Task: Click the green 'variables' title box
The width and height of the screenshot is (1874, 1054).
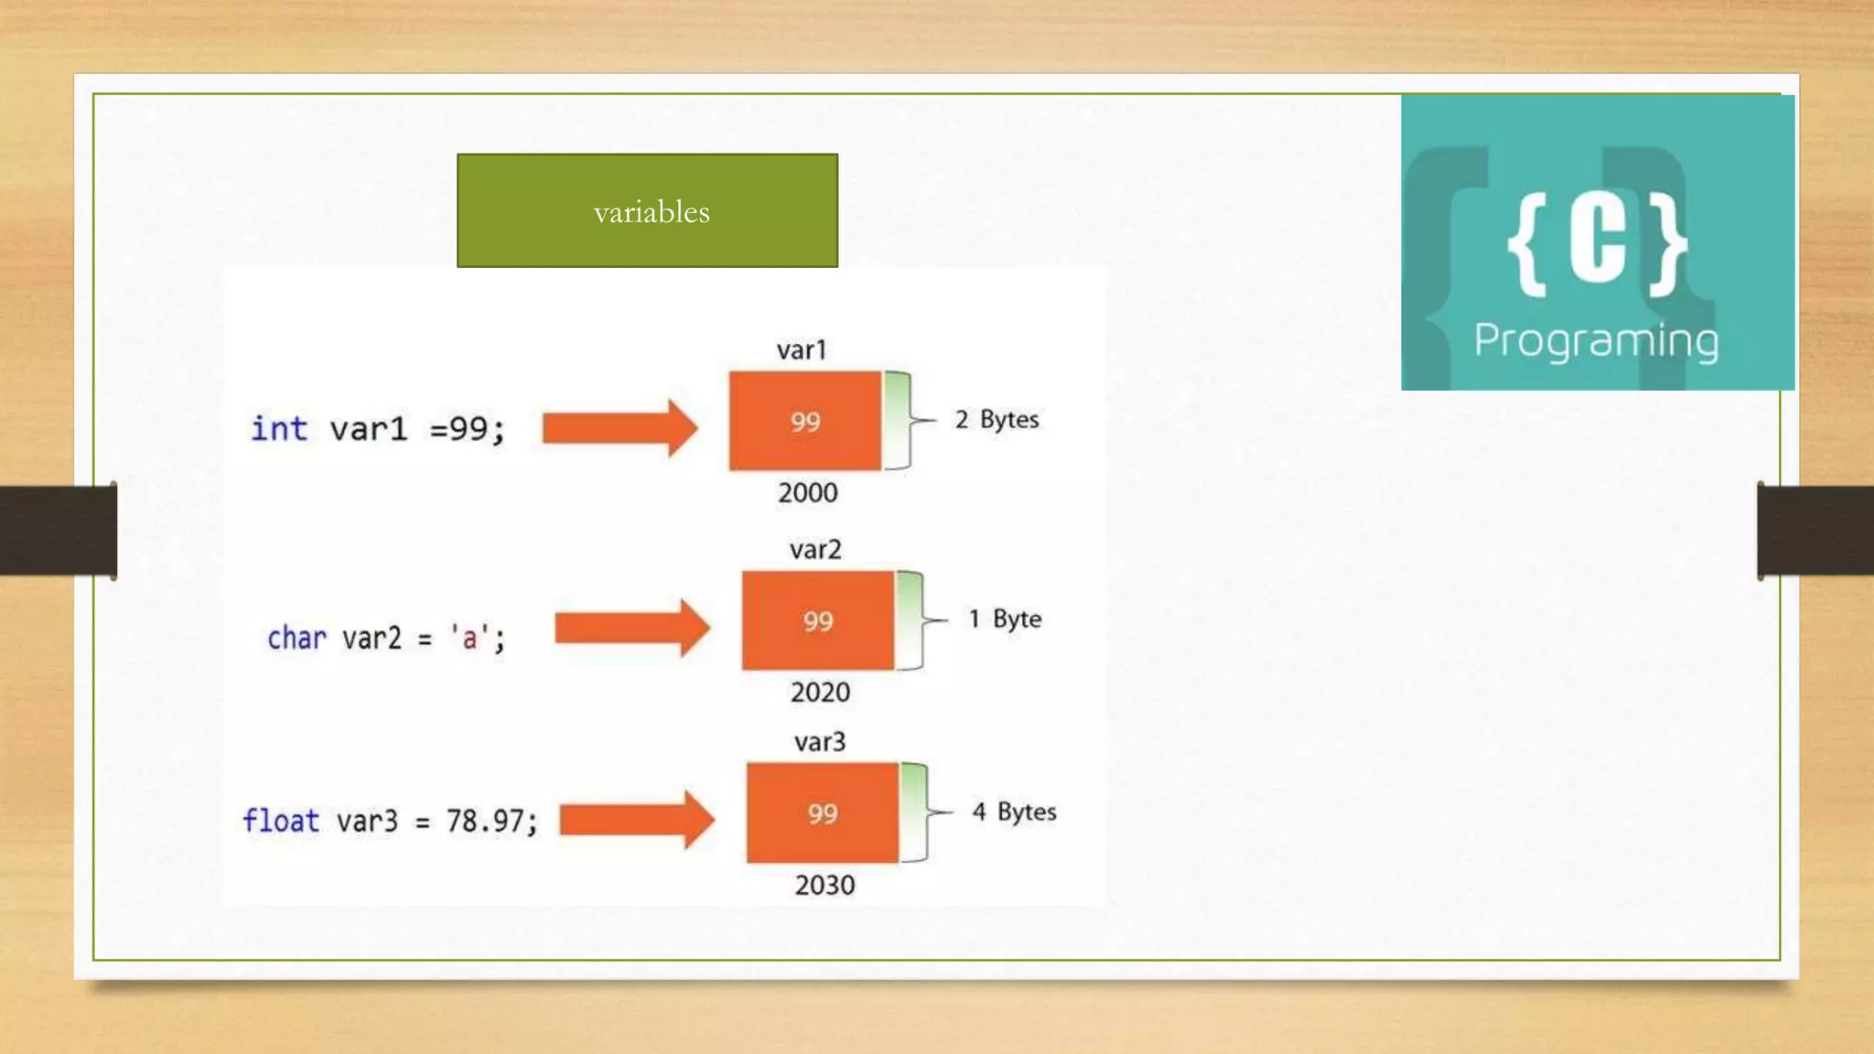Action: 647,210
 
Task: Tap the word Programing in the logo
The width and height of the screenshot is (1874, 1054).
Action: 1596,340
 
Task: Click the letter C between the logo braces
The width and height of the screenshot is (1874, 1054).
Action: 1598,241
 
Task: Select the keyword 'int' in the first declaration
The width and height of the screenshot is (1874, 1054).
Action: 279,428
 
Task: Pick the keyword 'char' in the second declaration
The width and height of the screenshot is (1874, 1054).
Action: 296,638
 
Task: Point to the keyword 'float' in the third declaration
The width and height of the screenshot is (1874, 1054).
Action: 281,821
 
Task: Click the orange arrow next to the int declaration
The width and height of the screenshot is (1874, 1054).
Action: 619,427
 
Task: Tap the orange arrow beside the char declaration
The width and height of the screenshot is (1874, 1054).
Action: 632,628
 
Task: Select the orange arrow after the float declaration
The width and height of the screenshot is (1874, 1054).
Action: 637,820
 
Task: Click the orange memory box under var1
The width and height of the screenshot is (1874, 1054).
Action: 805,421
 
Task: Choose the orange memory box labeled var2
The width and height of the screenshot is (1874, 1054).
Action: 818,620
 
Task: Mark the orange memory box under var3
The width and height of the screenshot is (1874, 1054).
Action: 823,812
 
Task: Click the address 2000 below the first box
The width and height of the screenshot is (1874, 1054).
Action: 808,493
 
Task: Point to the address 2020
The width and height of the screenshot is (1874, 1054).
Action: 820,693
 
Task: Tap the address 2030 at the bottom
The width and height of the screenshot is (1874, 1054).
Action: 824,886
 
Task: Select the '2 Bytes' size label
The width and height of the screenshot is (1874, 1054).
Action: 996,420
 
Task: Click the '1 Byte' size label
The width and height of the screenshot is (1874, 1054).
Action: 1005,619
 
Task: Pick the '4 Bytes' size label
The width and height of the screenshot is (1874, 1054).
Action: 1014,812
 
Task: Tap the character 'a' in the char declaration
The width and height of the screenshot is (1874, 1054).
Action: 469,638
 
